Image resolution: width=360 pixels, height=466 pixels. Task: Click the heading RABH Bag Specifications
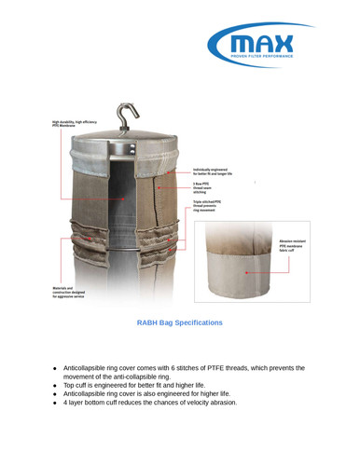(180, 322)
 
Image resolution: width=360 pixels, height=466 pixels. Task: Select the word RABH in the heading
(148, 322)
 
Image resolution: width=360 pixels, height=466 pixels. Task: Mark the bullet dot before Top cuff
(56, 384)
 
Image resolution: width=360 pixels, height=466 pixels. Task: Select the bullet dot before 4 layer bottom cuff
(56, 403)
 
